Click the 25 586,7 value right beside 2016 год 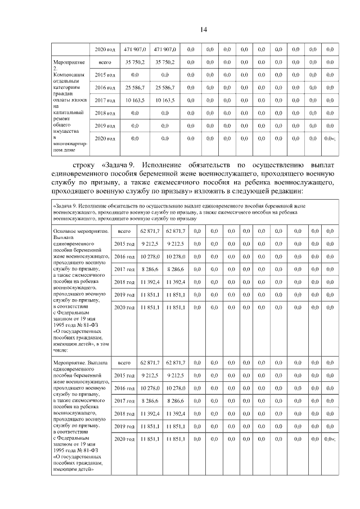135,87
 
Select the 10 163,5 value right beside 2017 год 135,100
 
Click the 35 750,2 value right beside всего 135,62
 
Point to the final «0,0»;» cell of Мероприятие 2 330,138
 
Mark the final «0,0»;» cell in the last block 330,439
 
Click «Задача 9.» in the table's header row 64,207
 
